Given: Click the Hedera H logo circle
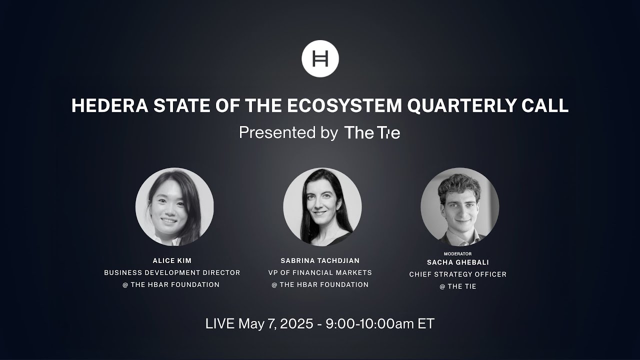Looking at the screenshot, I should pyautogui.click(x=320, y=58).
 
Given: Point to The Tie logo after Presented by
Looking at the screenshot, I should pyautogui.click(x=372, y=132).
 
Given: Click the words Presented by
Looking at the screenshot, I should pyautogui.click(x=288, y=132).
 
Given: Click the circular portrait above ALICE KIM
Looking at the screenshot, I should pyautogui.click(x=174, y=206).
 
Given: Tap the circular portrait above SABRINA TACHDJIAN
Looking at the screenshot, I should pyautogui.click(x=322, y=206).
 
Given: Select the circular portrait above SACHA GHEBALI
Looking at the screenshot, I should pyautogui.click(x=459, y=206).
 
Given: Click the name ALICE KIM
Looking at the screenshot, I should pyautogui.click(x=172, y=260).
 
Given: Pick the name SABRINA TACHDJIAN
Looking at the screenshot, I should pyautogui.click(x=320, y=260).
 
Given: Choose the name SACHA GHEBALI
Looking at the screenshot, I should pyautogui.click(x=457, y=262).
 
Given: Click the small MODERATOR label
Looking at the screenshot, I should pyautogui.click(x=457, y=253).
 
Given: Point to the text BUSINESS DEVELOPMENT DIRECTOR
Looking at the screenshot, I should pyautogui.click(x=172, y=272).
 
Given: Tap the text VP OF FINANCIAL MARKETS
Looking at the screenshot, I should pyautogui.click(x=320, y=272).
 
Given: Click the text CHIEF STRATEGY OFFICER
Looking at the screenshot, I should pyautogui.click(x=457, y=274).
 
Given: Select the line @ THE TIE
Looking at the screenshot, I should pyautogui.click(x=457, y=286).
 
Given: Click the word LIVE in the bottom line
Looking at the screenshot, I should pyautogui.click(x=219, y=323).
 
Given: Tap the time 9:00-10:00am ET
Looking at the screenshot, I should pyautogui.click(x=379, y=323).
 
